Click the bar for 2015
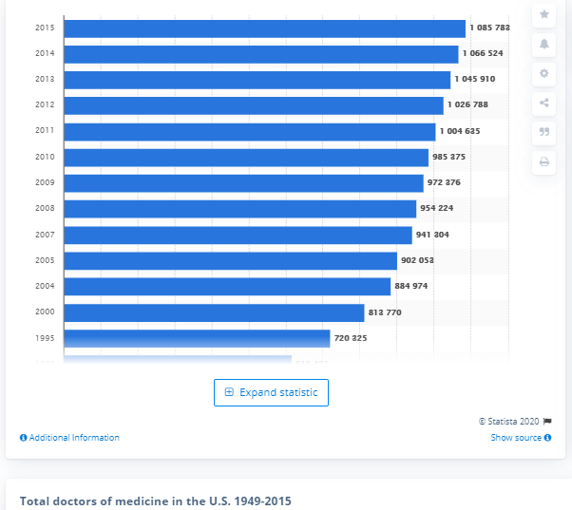[x=264, y=28]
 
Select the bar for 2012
[x=253, y=105]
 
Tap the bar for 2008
[x=239, y=209]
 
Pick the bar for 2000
[x=214, y=312]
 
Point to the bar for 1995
[x=197, y=338]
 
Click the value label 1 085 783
[x=488, y=28]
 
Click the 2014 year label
[x=44, y=54]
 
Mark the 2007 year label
[x=44, y=235]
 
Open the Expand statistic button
[x=272, y=392]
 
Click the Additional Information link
[x=69, y=438]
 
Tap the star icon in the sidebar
[x=544, y=14]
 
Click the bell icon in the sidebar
[x=544, y=44]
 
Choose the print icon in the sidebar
[x=544, y=161]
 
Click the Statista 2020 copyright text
[x=514, y=421]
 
